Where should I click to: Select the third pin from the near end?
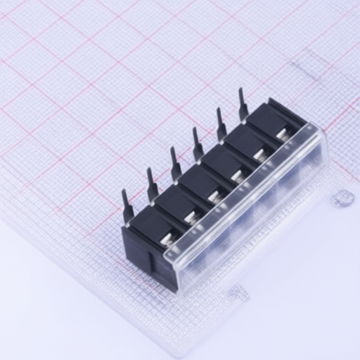point(174,162)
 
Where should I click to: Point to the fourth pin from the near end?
point(198,143)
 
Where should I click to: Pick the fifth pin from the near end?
point(221,123)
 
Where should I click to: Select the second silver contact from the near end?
point(191,220)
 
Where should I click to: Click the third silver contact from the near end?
point(214,199)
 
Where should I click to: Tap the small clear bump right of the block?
point(343,198)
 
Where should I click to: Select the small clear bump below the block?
point(239,292)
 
